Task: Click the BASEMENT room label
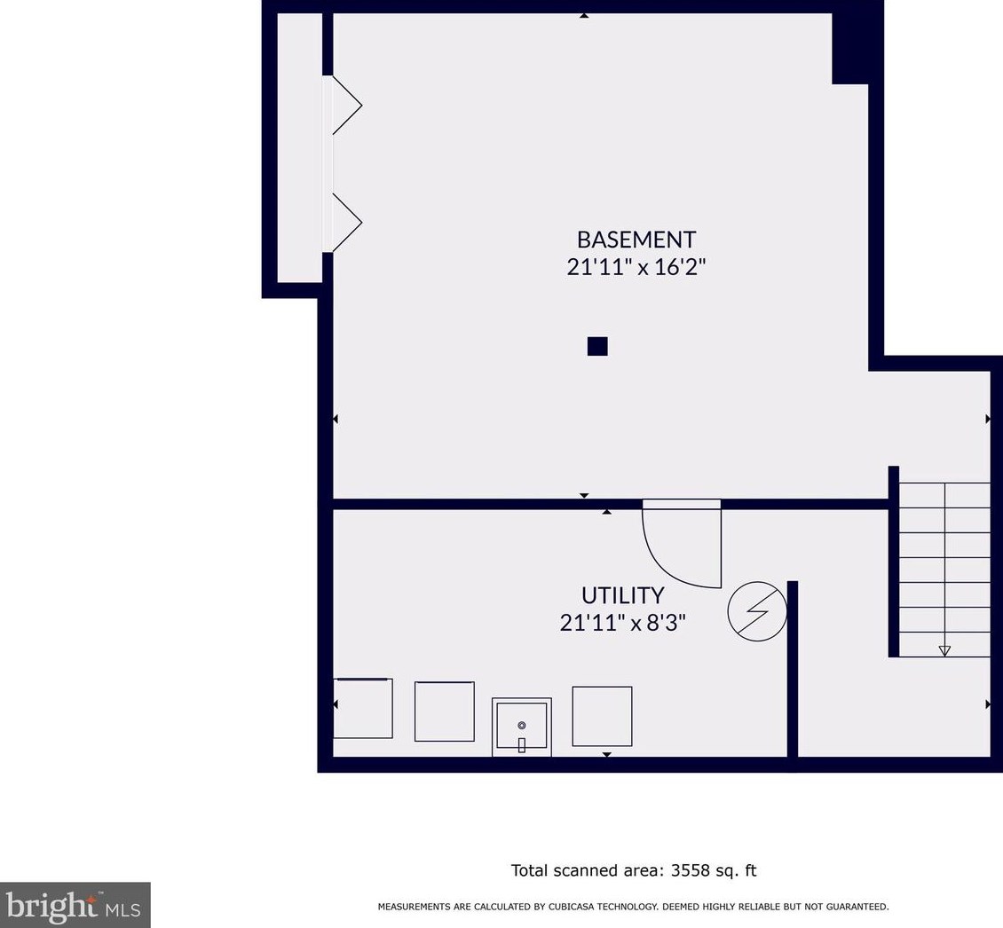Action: tap(636, 240)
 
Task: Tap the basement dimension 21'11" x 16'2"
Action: tap(636, 267)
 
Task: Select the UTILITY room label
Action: tap(622, 595)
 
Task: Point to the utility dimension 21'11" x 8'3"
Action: tap(622, 622)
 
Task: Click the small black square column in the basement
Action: tap(597, 346)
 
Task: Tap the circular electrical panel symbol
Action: tap(757, 610)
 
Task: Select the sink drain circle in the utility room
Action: tap(522, 725)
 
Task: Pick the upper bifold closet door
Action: tap(347, 105)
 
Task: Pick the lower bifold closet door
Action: tap(347, 223)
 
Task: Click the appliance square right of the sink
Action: tap(602, 716)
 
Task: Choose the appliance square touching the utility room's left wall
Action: tap(363, 709)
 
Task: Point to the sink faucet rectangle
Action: tap(521, 745)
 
